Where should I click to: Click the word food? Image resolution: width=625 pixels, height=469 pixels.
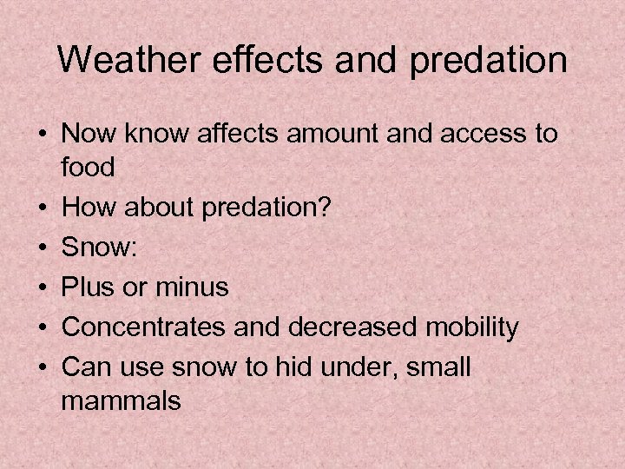[89, 167]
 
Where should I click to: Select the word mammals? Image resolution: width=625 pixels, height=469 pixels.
[122, 401]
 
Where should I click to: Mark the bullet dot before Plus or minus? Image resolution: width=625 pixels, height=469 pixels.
[42, 287]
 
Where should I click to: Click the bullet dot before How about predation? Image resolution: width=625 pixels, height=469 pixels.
[42, 207]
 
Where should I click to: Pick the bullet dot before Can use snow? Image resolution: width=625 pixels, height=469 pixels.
[42, 367]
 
